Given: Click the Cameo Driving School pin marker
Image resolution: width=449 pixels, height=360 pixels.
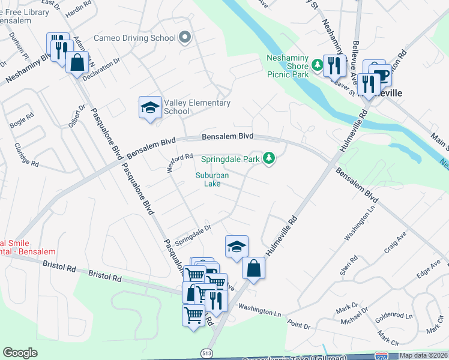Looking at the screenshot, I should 185,38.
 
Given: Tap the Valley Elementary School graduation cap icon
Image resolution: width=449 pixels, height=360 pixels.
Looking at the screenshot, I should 150,107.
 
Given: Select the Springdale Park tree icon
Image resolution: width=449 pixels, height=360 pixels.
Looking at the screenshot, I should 270,159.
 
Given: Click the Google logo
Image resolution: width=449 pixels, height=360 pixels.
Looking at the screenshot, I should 20,353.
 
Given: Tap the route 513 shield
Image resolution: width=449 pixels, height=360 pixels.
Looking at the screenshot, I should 206,353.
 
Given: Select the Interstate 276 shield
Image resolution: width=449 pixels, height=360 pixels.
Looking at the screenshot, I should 381,356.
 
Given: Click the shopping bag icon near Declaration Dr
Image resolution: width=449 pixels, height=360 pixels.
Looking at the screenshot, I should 77,62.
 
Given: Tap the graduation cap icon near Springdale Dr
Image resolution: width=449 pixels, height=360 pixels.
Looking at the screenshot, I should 237,247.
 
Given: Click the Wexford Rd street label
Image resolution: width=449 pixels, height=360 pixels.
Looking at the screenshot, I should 179,162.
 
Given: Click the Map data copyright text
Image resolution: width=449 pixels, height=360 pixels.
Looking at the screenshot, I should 424,356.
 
